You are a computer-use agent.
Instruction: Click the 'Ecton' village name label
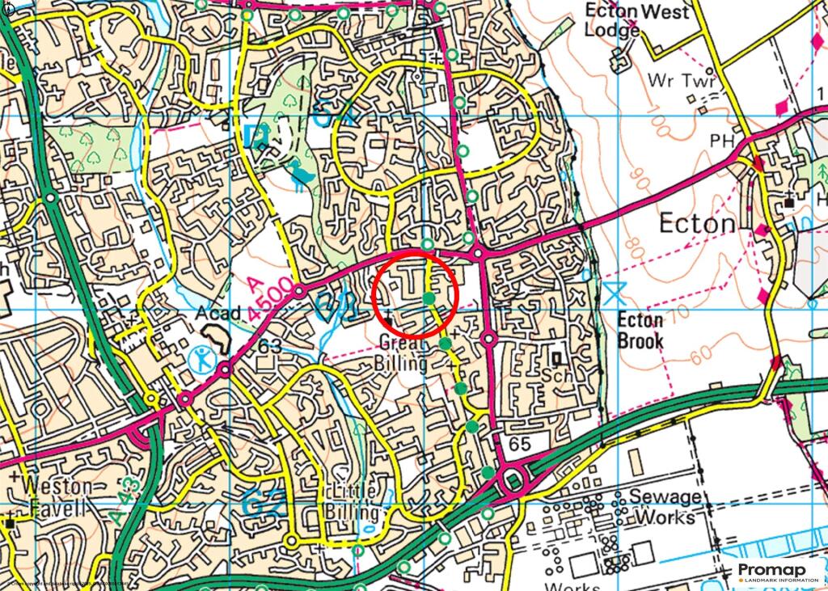pos(697,223)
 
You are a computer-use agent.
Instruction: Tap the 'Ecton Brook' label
pos(640,330)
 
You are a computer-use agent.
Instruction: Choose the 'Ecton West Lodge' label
pos(636,21)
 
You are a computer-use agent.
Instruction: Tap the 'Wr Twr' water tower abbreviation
pos(673,81)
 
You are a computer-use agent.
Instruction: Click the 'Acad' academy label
pos(218,313)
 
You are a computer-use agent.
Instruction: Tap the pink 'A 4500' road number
pos(265,298)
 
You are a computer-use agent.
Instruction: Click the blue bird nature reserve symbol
pos(302,173)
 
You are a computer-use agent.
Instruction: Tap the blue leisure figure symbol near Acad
pos(202,357)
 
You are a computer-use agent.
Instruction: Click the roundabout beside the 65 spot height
pos(513,482)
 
